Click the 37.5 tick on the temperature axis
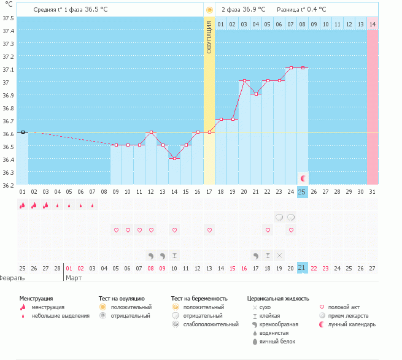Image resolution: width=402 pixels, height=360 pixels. pyautogui.click(x=9, y=18)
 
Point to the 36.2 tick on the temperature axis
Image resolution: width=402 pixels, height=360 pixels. pyautogui.click(x=9, y=185)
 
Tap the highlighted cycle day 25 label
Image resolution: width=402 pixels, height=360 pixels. pyautogui.click(x=302, y=192)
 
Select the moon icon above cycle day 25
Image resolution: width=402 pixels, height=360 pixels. pyautogui.click(x=303, y=178)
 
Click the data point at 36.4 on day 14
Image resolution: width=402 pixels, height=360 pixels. pyautogui.click(x=174, y=158)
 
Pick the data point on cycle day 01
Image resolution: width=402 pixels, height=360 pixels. pyautogui.click(x=23, y=132)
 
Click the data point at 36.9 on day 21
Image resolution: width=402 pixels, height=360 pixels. pyautogui.click(x=256, y=94)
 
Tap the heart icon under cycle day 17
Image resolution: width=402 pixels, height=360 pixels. pyautogui.click(x=209, y=230)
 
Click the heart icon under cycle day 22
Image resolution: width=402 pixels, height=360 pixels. pyautogui.click(x=268, y=230)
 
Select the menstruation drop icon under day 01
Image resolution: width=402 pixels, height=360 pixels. pyautogui.click(x=23, y=205)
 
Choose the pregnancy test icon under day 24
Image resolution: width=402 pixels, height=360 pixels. pyautogui.click(x=291, y=217)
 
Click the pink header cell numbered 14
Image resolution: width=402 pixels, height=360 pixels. pyautogui.click(x=372, y=24)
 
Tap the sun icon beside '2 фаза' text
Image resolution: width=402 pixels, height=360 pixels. pyautogui.click(x=209, y=10)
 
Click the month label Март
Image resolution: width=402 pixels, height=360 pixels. pyautogui.click(x=74, y=278)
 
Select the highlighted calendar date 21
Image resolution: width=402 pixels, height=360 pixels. pyautogui.click(x=302, y=268)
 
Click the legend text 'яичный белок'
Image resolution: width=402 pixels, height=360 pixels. pyautogui.click(x=277, y=341)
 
